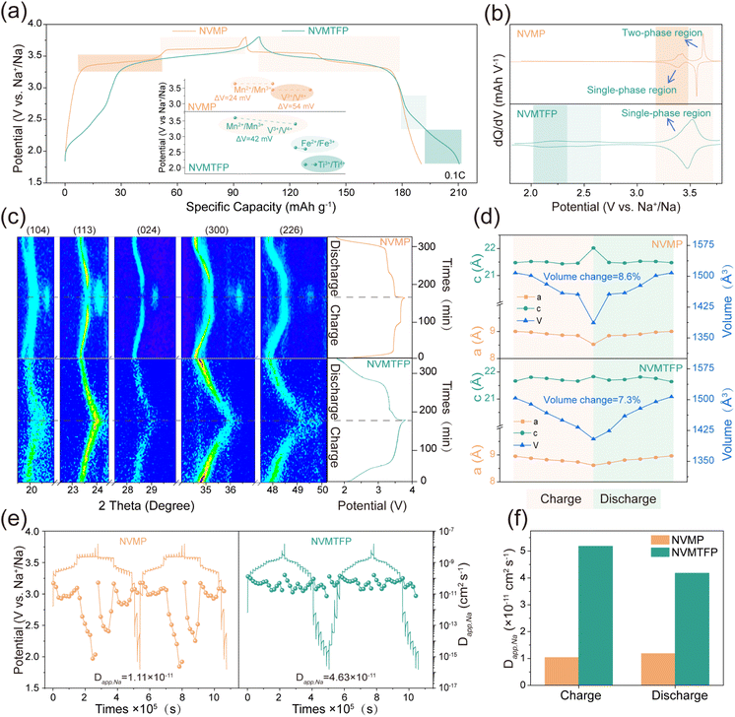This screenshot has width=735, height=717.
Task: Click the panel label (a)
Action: (x=17, y=14)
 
